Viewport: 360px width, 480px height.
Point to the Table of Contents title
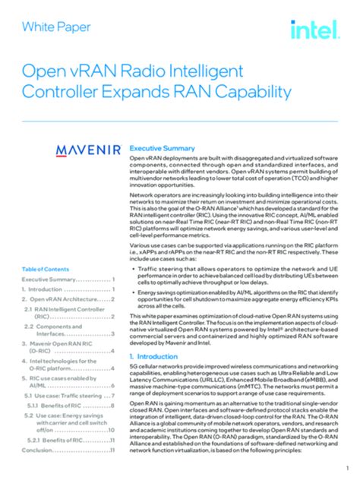[46, 270]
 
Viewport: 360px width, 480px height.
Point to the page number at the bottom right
[347, 466]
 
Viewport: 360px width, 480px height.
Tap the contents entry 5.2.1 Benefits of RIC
[69, 440]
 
